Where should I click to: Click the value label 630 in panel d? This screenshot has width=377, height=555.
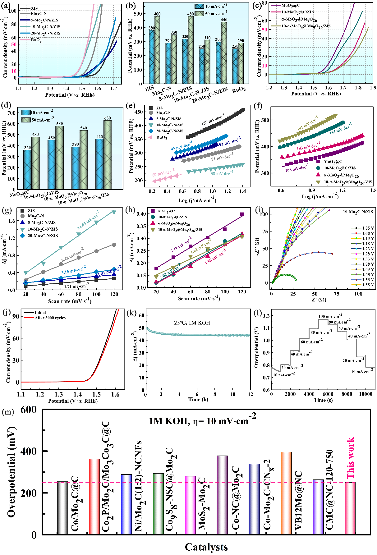pyautogui.click(x=108, y=118)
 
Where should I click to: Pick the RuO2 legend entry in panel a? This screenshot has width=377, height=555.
pyautogui.click(x=36, y=40)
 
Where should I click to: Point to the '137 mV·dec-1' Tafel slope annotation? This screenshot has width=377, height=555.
pyautogui.click(x=213, y=119)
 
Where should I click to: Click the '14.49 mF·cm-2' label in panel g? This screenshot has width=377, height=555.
pyautogui.click(x=88, y=220)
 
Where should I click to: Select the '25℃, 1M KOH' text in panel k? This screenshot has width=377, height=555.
pyautogui.click(x=192, y=323)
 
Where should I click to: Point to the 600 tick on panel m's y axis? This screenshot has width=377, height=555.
pyautogui.click(x=29, y=410)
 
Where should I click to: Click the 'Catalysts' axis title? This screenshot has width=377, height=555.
pyautogui.click(x=206, y=547)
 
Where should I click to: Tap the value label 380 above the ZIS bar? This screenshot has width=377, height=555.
pyautogui.click(x=151, y=28)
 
